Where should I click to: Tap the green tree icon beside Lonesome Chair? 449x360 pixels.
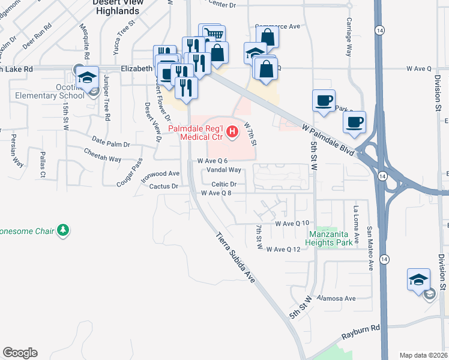coord(63,230)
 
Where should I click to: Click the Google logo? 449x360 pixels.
coord(20,353)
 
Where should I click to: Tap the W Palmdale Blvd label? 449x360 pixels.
coord(328,142)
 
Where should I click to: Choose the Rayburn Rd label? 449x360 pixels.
coord(360,328)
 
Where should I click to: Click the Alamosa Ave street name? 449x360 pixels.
coord(337,298)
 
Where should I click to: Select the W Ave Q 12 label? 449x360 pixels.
coord(283,250)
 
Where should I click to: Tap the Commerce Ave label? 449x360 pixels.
coord(277,26)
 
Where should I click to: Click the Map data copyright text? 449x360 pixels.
coord(424,355)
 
